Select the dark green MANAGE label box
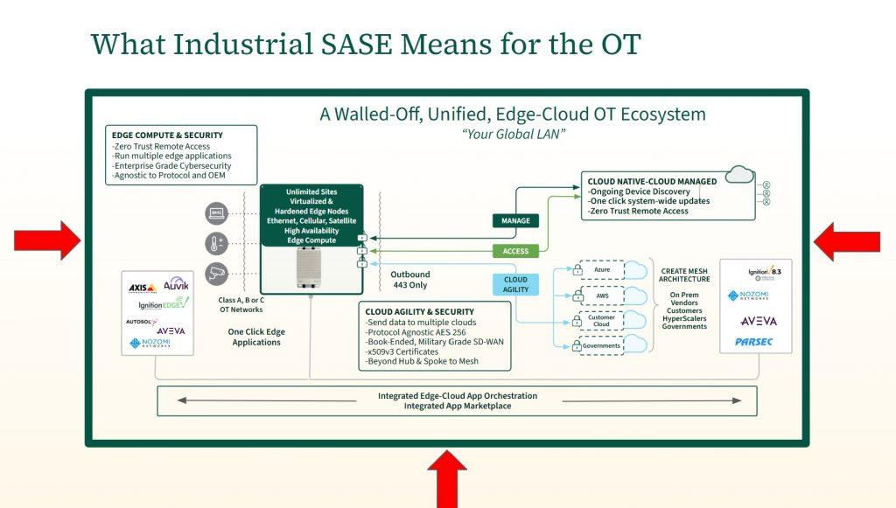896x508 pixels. pyautogui.click(x=516, y=221)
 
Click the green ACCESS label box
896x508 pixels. pyautogui.click(x=516, y=251)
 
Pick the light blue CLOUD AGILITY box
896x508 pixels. pyautogui.click(x=516, y=284)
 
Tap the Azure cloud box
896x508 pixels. pyautogui.click(x=601, y=270)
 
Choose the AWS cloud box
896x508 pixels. pyautogui.click(x=601, y=296)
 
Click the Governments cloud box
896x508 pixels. pyautogui.click(x=601, y=345)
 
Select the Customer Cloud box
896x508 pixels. pyautogui.click(x=601, y=320)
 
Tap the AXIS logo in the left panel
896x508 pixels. pyautogui.click(x=142, y=288)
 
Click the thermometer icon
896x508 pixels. pyautogui.click(x=215, y=242)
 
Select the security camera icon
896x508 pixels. pyautogui.click(x=215, y=272)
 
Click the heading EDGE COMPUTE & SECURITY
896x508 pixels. pyautogui.click(x=167, y=136)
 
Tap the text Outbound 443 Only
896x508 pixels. pyautogui.click(x=410, y=279)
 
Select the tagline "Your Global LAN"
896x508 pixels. pyautogui.click(x=512, y=134)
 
